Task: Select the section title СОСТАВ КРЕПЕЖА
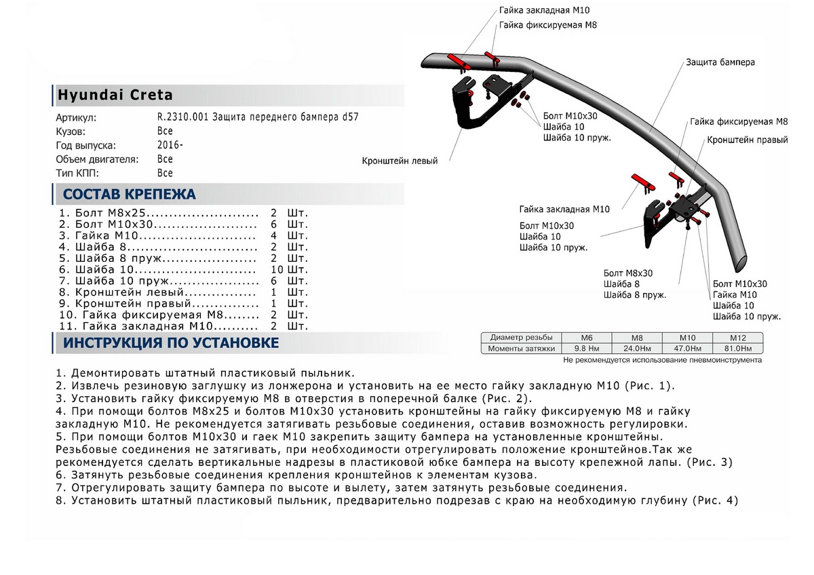click(129, 195)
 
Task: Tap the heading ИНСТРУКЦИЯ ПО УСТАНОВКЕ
click(170, 343)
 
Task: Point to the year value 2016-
click(170, 145)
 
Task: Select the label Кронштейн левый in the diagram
click(400, 161)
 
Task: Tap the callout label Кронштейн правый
click(747, 140)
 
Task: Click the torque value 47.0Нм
click(687, 349)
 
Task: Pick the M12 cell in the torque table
click(737, 338)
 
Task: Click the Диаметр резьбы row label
click(522, 338)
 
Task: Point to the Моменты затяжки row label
click(522, 349)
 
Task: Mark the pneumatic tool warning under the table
click(662, 361)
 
